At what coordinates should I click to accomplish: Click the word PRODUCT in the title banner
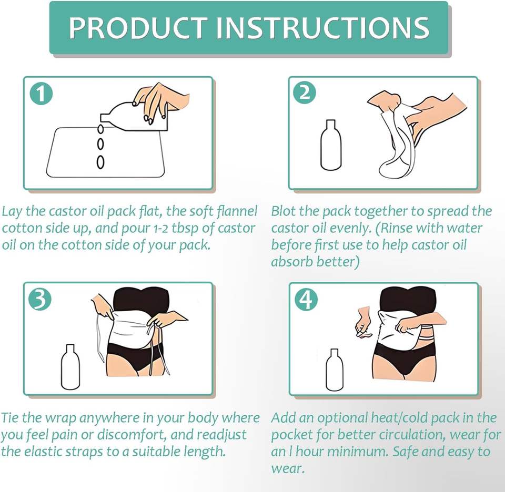pos(137,27)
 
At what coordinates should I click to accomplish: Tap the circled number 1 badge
pos(41,94)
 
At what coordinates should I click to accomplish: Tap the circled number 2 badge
pos(305,93)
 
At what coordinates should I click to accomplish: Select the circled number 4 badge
pos(306,299)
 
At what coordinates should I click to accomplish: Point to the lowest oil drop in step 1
pos(100,162)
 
